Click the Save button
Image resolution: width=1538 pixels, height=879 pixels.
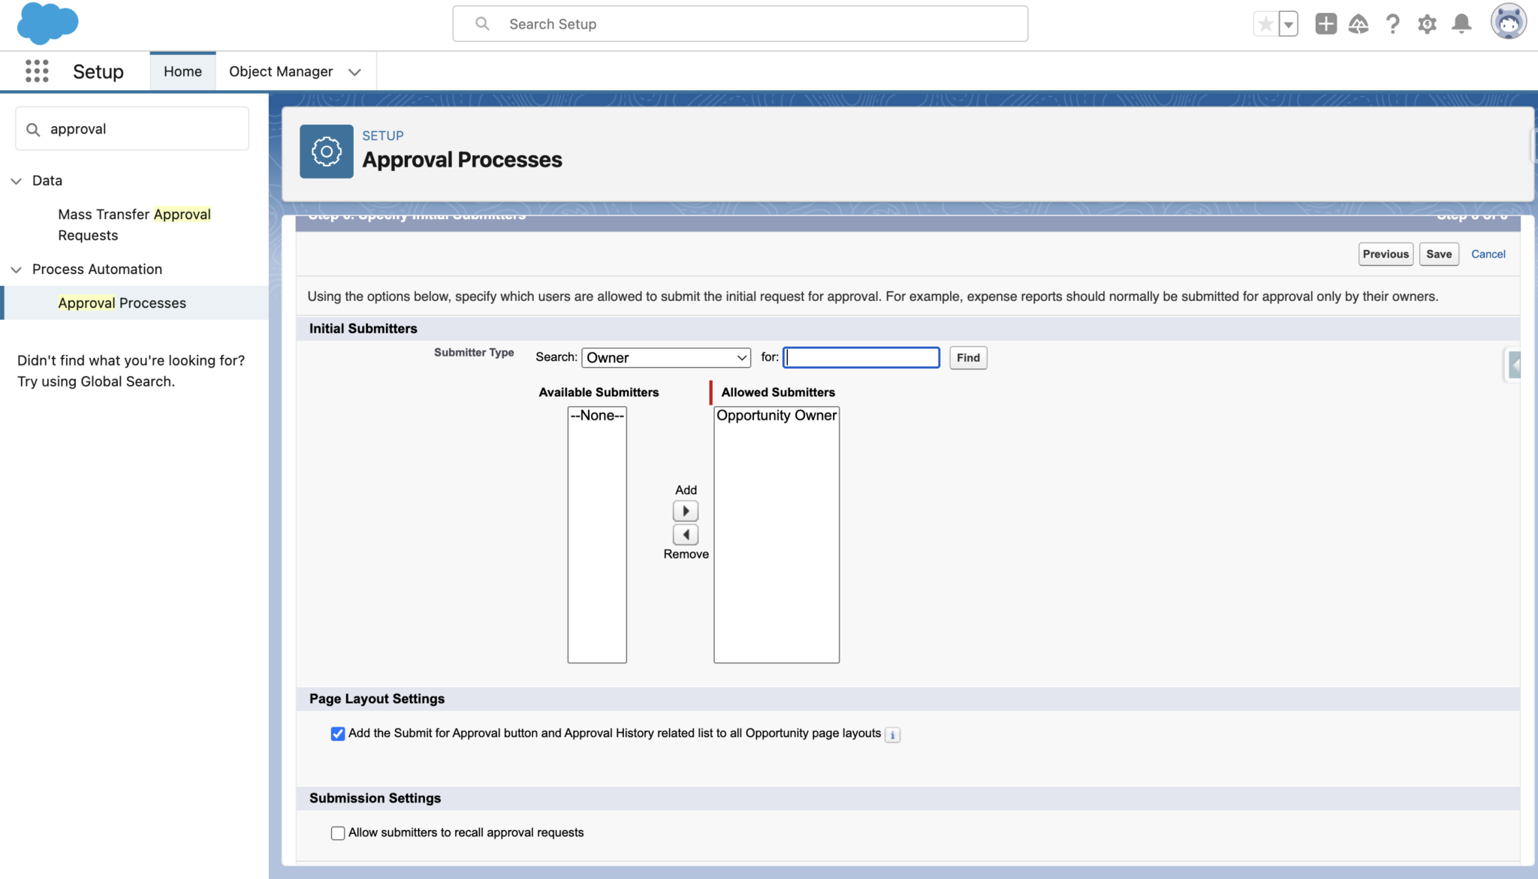click(x=1438, y=254)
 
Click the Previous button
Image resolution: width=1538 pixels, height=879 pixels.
click(x=1386, y=254)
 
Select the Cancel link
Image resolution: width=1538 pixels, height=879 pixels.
click(x=1488, y=254)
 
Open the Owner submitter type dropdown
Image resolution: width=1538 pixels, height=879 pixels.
click(x=666, y=357)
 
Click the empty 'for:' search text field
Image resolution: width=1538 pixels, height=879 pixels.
click(x=861, y=357)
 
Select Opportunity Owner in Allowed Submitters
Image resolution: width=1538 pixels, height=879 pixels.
click(x=776, y=415)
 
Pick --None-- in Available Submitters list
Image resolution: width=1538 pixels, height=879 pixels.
click(x=597, y=415)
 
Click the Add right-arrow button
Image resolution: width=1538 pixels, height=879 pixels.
click(x=686, y=511)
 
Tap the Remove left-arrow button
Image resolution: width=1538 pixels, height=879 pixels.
click(x=686, y=534)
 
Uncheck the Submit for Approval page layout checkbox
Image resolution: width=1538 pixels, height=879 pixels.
click(x=338, y=733)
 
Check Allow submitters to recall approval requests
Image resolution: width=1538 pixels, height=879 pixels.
click(x=338, y=832)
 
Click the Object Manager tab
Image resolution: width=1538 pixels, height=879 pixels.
click(x=281, y=71)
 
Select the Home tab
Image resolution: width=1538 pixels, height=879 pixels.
click(x=182, y=71)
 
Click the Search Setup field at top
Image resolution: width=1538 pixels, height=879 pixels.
click(x=740, y=24)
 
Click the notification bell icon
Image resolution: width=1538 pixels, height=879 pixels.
click(x=1461, y=24)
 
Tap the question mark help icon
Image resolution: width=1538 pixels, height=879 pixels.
click(x=1392, y=24)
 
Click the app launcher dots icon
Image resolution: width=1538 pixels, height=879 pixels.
click(x=37, y=71)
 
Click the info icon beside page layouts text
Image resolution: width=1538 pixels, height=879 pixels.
click(x=892, y=735)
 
